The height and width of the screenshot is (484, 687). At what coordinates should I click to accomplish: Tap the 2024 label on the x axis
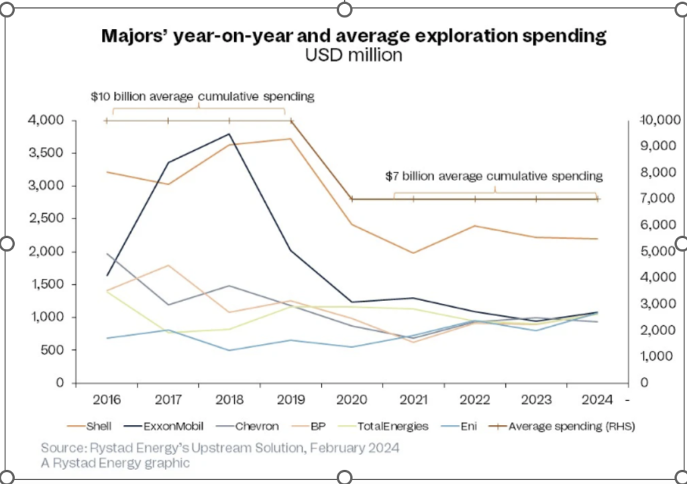[596, 400]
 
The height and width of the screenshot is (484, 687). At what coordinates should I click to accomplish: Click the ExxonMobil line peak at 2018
[229, 134]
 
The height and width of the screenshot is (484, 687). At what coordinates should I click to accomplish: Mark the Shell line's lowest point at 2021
[413, 253]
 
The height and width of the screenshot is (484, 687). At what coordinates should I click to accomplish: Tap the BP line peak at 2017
[168, 265]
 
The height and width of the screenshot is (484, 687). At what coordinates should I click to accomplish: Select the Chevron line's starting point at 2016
[107, 254]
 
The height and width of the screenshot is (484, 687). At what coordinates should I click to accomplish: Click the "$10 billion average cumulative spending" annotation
[203, 97]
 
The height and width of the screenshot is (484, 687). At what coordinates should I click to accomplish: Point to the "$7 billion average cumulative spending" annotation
[494, 177]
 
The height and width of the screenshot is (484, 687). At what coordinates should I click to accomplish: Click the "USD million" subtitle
[354, 56]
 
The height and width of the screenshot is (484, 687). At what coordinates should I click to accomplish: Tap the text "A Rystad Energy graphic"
[115, 463]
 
